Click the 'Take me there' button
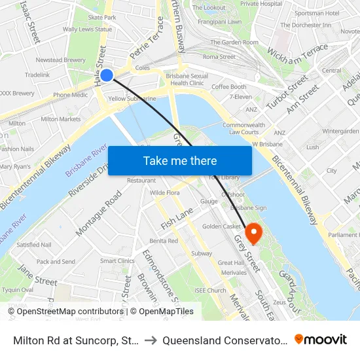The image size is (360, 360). tap(179, 160)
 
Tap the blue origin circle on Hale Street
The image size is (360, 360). tap(107, 75)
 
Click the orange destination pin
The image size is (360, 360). tap(252, 232)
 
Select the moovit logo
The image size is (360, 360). tap(320, 340)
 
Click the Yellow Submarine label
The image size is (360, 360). tap(132, 99)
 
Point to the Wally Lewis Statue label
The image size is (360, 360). tap(87, 29)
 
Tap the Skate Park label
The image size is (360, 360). tap(102, 18)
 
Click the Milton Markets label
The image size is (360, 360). tap(61, 119)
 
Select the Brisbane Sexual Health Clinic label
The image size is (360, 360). tap(187, 79)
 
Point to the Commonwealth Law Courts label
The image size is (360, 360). tap(243, 128)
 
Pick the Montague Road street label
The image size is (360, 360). tap(98, 213)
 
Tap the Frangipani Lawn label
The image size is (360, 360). tap(216, 22)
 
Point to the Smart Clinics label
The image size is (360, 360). tap(117, 261)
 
